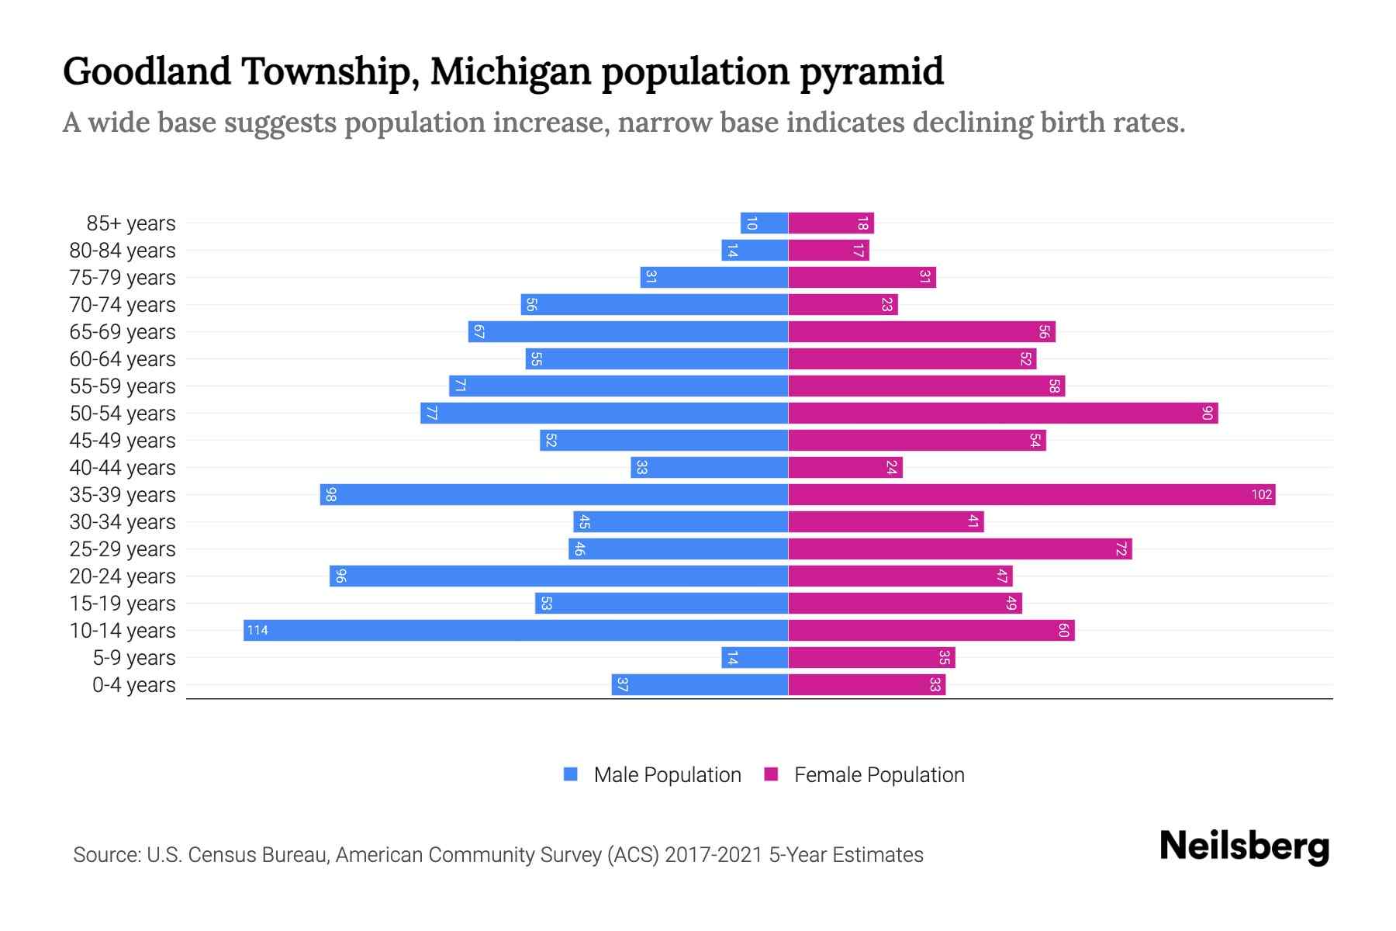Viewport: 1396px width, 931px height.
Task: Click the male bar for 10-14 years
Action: [x=516, y=631]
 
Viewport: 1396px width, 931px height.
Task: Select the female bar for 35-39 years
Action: [x=1031, y=495]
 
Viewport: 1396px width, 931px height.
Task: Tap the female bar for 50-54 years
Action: [x=1003, y=414]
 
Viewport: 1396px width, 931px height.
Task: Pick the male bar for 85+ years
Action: [x=764, y=223]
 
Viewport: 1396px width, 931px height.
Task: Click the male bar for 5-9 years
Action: [x=755, y=658]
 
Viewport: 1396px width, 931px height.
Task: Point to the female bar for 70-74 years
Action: [x=843, y=305]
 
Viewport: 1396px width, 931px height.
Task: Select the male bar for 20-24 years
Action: [x=558, y=576]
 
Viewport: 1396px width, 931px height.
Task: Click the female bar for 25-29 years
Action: [x=960, y=549]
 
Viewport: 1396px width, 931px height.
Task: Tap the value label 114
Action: [x=257, y=631]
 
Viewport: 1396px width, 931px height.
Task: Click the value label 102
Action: [x=1261, y=495]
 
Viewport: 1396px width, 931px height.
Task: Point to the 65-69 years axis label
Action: [x=123, y=332]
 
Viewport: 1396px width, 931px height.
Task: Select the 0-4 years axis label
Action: [x=133, y=685]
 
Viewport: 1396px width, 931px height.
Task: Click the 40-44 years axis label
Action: [x=123, y=468]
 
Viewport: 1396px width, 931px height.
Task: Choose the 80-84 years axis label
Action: [x=123, y=251]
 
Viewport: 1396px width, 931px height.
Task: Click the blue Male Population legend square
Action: [x=571, y=774]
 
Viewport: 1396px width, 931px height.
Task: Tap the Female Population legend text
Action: [x=879, y=775]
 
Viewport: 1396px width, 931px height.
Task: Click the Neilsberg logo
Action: [x=1244, y=846]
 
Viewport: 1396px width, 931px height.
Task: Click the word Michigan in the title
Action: [x=510, y=72]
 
